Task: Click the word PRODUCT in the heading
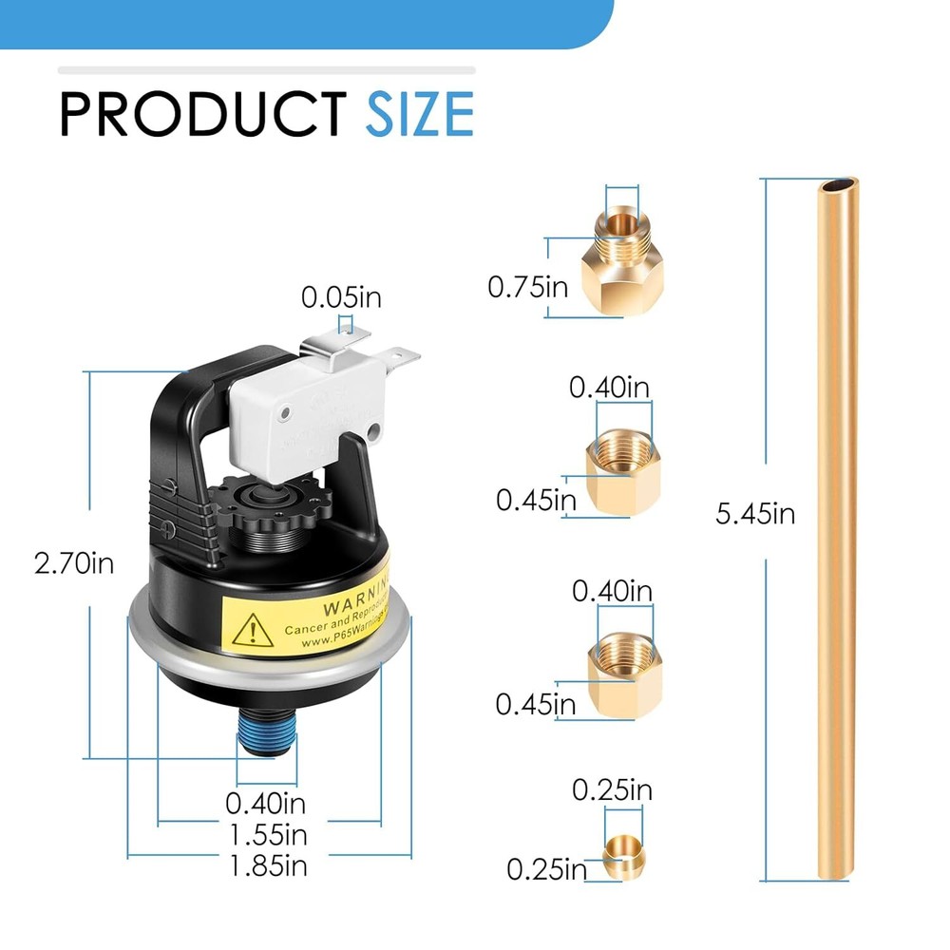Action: click(201, 114)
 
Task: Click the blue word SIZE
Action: click(420, 114)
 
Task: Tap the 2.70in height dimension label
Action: click(74, 564)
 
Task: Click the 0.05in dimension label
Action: click(341, 297)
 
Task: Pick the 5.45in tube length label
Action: click(755, 515)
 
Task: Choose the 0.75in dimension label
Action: click(528, 286)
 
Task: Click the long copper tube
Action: click(836, 532)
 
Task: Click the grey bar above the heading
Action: click(266, 69)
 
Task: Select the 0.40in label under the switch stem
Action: click(266, 804)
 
